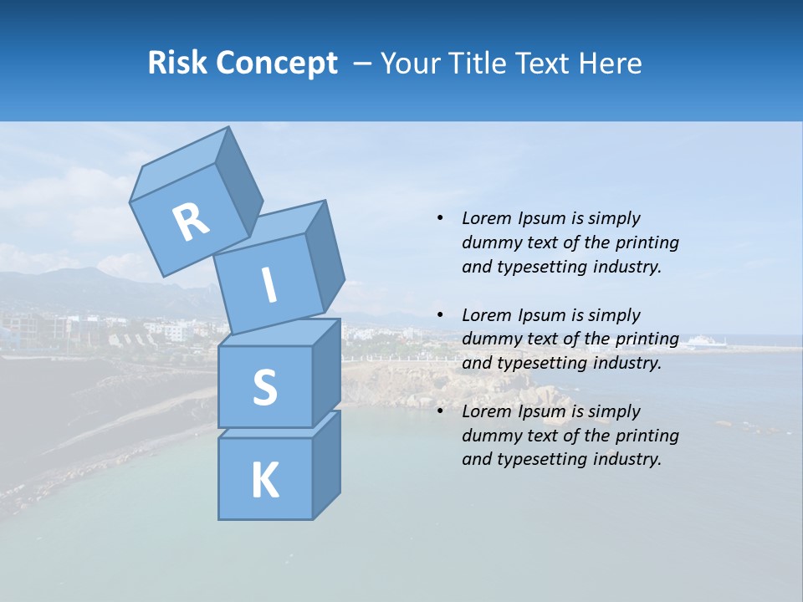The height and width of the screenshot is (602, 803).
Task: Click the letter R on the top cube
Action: pyautogui.click(x=191, y=222)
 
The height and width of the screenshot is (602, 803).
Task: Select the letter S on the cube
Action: pyautogui.click(x=264, y=387)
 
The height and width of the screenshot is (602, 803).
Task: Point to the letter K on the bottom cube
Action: pyautogui.click(x=264, y=481)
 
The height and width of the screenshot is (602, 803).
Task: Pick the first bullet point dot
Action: pyautogui.click(x=440, y=218)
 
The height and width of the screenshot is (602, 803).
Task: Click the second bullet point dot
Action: pyautogui.click(x=440, y=315)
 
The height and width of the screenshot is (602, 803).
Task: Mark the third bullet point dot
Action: pyautogui.click(x=440, y=411)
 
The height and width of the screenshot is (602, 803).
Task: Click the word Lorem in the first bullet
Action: pyautogui.click(x=486, y=218)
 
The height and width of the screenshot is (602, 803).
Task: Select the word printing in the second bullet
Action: pyautogui.click(x=647, y=339)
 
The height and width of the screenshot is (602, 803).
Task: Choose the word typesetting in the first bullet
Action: pyautogui.click(x=541, y=267)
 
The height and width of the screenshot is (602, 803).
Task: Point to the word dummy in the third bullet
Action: pyautogui.click(x=488, y=436)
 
